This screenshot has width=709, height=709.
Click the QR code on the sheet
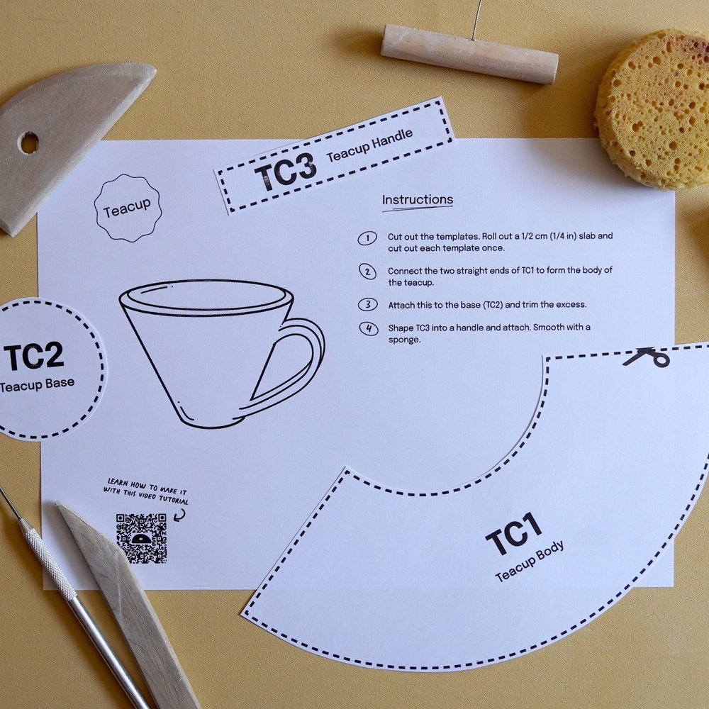coord(142,538)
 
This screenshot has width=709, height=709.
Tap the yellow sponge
coord(654,108)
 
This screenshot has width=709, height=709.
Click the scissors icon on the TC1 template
coord(647,357)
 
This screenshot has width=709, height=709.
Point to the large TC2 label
coord(34,357)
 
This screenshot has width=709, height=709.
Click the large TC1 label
coord(514,534)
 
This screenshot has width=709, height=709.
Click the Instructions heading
coord(418,200)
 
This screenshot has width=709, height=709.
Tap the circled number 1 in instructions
coord(367,238)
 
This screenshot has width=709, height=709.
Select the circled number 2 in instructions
coord(367,272)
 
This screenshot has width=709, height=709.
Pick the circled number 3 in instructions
coord(368,305)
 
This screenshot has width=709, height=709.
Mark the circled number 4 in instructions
coord(369,329)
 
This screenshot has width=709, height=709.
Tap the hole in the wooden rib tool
coord(29,143)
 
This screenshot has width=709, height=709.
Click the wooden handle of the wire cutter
coord(469,54)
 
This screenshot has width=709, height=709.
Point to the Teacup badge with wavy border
coord(128,208)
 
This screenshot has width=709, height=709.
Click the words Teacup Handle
coord(370,145)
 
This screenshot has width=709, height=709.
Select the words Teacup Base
coord(37,384)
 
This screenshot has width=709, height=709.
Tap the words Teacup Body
coord(530,561)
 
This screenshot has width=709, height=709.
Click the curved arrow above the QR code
coord(179,514)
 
